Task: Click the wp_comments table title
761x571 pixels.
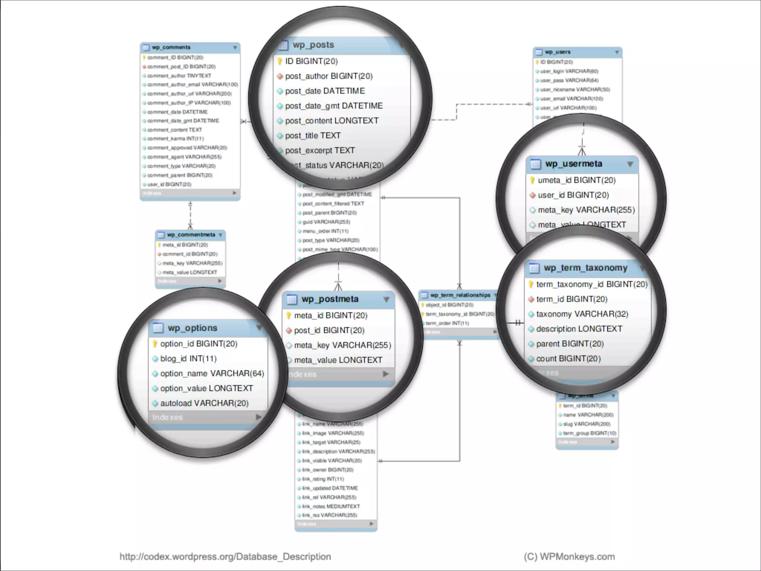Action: click(x=171, y=48)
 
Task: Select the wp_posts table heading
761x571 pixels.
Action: click(x=313, y=45)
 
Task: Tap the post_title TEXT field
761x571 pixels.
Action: click(x=313, y=136)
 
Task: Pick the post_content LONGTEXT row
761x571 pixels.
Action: click(x=331, y=121)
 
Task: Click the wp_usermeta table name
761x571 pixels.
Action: click(x=573, y=164)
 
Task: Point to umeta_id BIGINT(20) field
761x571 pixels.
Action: click(x=576, y=180)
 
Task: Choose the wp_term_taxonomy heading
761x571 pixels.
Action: click(x=585, y=268)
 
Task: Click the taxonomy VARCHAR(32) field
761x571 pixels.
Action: click(x=582, y=314)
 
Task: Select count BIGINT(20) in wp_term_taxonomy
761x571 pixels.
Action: click(x=568, y=359)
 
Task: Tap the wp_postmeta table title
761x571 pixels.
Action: click(x=330, y=299)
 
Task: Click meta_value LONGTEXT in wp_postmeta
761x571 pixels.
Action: click(x=338, y=360)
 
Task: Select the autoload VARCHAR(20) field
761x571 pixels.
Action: click(x=204, y=403)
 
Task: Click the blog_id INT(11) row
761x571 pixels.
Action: click(x=188, y=359)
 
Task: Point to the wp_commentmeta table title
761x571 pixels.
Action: click(x=191, y=235)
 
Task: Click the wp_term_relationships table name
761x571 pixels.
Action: click(x=460, y=295)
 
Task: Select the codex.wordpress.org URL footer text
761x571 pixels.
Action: click(x=225, y=557)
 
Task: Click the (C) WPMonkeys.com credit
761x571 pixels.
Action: click(x=569, y=557)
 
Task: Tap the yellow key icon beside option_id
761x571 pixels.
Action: click(x=155, y=344)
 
